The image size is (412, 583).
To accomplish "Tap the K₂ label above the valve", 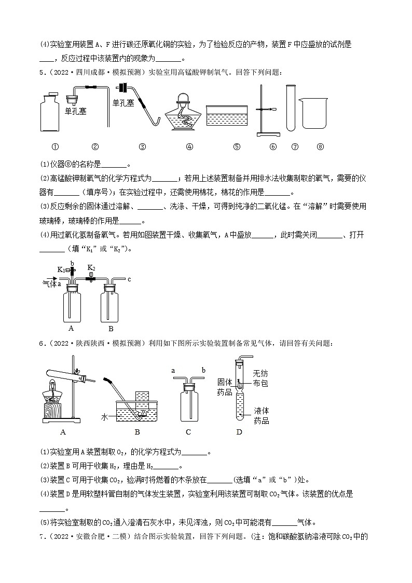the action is pos(91,268).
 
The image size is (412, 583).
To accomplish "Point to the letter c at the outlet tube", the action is pos(129,279).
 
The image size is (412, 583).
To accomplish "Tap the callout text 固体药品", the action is pos(224,387).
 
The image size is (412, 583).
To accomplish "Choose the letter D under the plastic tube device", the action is pos(239,432).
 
